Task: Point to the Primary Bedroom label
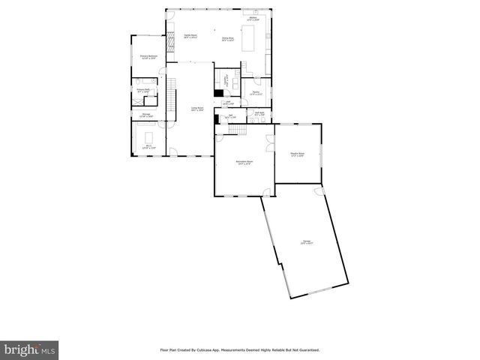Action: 148,57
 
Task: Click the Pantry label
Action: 256,94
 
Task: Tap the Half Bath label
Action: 259,114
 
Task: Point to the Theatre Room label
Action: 298,154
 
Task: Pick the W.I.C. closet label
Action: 148,147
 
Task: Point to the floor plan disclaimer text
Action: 240,349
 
